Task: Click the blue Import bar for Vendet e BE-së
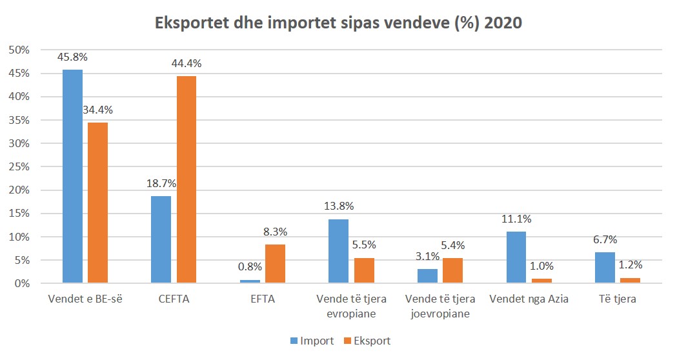click(72, 176)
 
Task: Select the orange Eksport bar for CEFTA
click(186, 179)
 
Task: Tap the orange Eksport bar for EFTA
click(275, 264)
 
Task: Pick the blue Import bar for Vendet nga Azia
click(516, 257)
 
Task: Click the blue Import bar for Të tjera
click(605, 268)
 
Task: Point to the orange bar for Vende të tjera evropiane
click(364, 270)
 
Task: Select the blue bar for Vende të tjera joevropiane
click(428, 276)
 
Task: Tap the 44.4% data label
click(186, 63)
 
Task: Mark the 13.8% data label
click(339, 206)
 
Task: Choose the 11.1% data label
click(516, 219)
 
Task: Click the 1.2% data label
click(629, 265)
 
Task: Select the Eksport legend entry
click(367, 340)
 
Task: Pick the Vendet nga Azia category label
click(529, 299)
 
